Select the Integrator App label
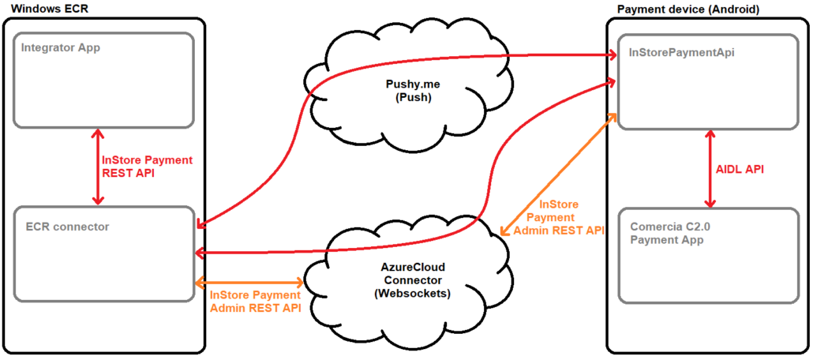(61, 47)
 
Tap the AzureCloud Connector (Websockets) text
(414, 280)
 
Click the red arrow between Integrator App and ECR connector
(97, 167)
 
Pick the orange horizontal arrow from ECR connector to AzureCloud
(249, 282)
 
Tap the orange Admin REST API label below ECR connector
(255, 302)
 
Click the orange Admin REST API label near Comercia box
(558, 218)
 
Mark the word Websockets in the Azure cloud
(414, 293)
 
